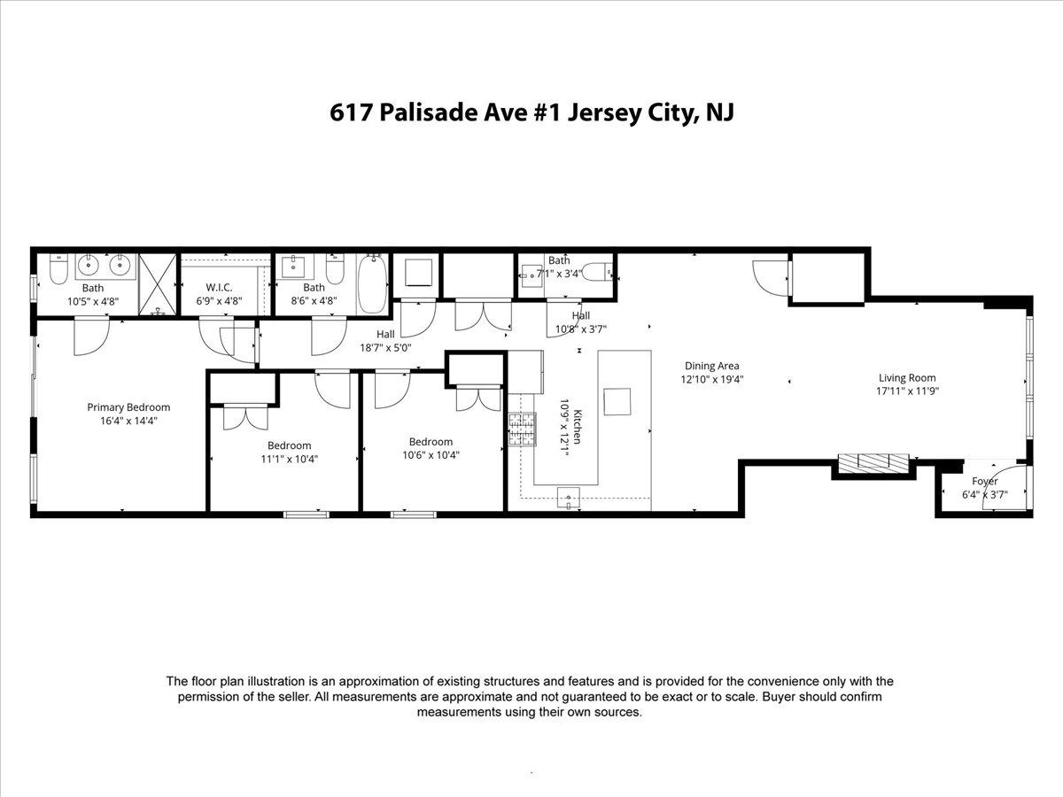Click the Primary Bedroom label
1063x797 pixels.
(128, 407)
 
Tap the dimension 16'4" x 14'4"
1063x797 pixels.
(128, 422)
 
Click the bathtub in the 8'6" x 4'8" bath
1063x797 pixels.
(372, 284)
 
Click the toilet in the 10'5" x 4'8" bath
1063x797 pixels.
(58, 268)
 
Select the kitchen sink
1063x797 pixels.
(568, 497)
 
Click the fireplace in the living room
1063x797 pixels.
(874, 462)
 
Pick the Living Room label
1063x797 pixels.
(906, 378)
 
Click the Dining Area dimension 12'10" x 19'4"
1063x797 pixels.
(711, 379)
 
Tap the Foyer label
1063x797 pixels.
(984, 482)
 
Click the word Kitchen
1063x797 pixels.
(577, 427)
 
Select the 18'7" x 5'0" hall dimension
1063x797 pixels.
(384, 348)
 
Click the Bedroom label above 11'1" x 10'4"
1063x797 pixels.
(290, 445)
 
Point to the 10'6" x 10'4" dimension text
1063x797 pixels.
(431, 455)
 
